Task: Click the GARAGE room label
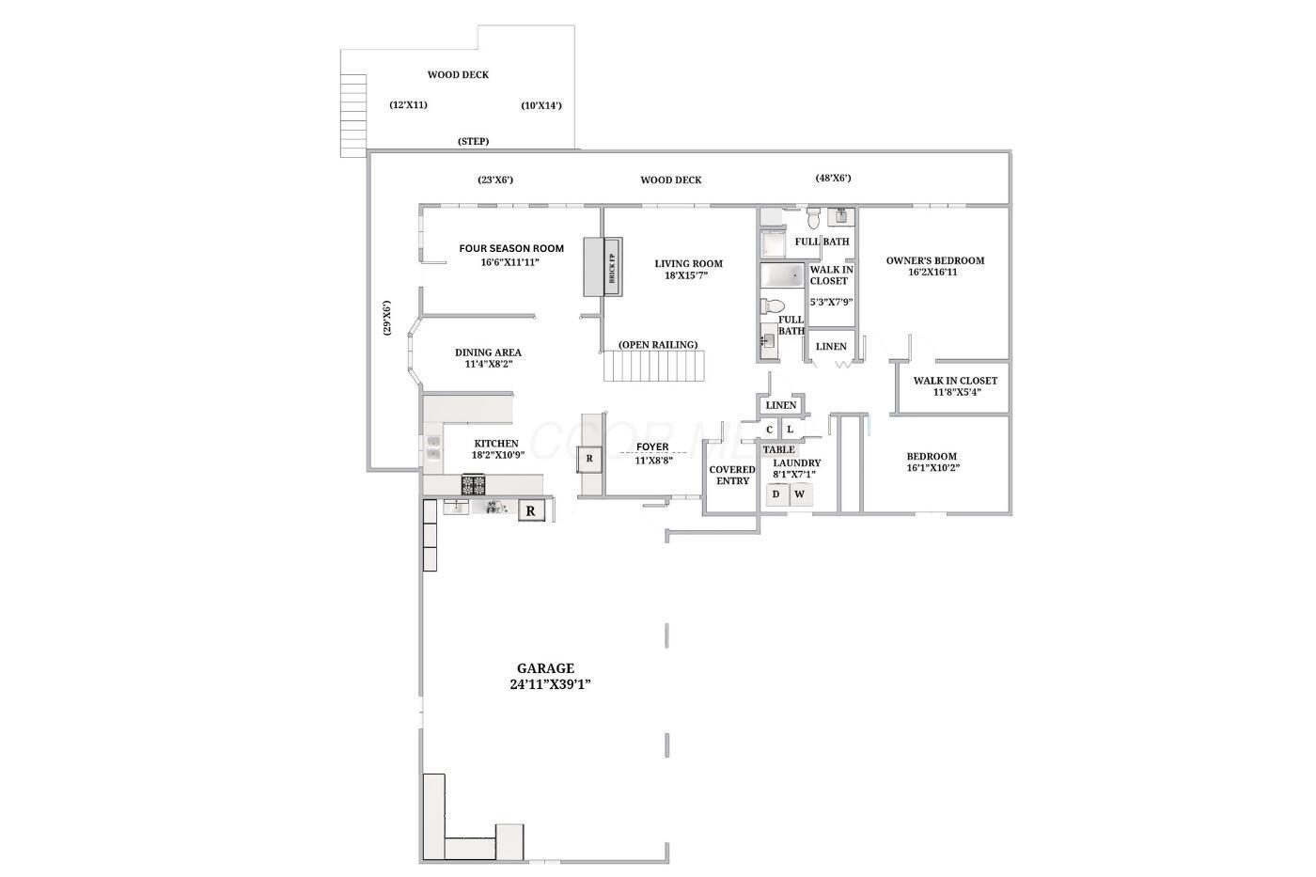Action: point(546,668)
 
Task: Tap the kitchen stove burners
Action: point(474,485)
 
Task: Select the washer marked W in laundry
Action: point(801,494)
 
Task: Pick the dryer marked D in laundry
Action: point(776,494)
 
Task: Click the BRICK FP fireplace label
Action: point(612,268)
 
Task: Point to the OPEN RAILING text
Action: point(658,345)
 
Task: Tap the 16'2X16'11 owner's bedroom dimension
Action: point(932,272)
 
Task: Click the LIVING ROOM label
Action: point(688,264)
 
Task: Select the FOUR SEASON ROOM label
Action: point(511,248)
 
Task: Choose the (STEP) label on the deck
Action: point(474,142)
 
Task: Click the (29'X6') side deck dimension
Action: point(386,318)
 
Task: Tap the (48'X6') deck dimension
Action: point(833,178)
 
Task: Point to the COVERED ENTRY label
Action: point(732,476)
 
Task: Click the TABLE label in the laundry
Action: point(779,450)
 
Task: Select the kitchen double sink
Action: point(433,447)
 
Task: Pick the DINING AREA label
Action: point(488,352)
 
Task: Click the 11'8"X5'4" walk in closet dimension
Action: point(957,392)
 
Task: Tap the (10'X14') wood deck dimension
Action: point(541,105)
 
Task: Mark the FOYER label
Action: point(652,447)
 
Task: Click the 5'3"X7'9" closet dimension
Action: point(831,302)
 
